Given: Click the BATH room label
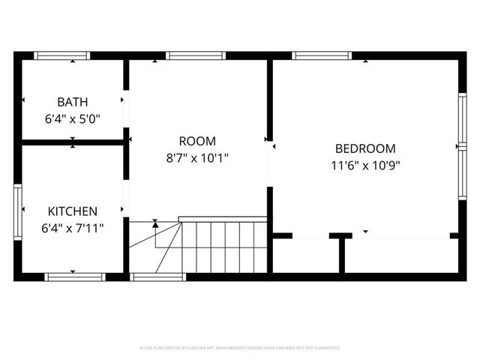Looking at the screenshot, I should (x=73, y=102).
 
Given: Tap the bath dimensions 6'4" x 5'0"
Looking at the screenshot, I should (x=73, y=118).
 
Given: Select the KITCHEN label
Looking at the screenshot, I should (x=73, y=211).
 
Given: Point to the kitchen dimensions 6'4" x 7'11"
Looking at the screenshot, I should (x=73, y=227).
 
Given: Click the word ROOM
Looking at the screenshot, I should (x=197, y=141).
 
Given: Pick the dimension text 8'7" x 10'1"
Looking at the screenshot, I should (x=197, y=157).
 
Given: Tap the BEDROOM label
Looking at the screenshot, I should (x=365, y=148).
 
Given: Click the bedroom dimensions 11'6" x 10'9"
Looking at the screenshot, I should (x=365, y=165).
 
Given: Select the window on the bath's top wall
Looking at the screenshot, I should (x=63, y=55).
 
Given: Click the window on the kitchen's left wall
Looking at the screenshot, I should (x=18, y=211).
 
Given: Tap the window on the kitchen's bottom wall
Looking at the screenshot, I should (x=74, y=277).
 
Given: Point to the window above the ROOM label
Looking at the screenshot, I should (x=196, y=55).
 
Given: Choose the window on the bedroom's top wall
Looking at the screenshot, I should (x=321, y=55).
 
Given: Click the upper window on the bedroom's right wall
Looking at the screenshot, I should (x=462, y=120).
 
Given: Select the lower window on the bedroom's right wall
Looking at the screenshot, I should (x=462, y=174).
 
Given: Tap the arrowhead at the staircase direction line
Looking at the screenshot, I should (x=155, y=223).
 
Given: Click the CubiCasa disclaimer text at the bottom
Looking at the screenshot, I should (x=240, y=348).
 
